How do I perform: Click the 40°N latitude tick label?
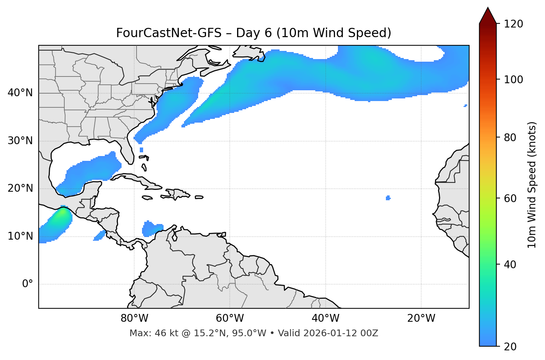coord(20,93)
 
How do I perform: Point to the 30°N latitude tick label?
coord(20,141)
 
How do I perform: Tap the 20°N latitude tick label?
coord(20,188)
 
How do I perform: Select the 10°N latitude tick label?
coord(20,236)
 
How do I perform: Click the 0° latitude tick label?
coord(28,284)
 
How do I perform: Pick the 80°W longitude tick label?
coord(134,318)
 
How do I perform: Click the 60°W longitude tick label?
coord(230,318)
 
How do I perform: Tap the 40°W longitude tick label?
coord(325,318)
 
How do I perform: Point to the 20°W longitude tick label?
coord(421,318)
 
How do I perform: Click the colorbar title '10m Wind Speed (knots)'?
coord(532,185)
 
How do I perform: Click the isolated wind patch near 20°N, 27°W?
coord(388,198)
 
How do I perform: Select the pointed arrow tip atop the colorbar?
coord(488,9)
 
